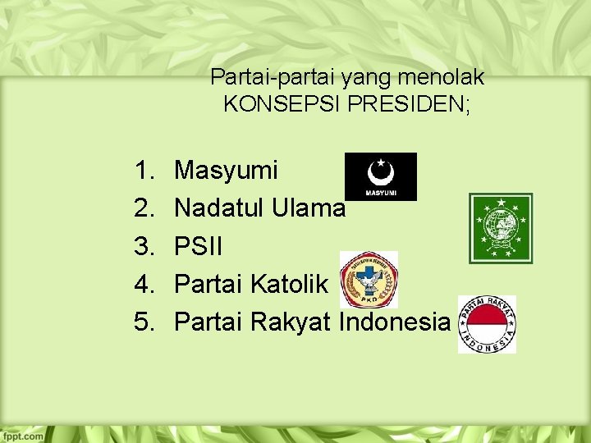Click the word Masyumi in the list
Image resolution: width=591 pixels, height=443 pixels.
click(227, 171)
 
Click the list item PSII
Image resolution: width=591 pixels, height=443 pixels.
click(199, 246)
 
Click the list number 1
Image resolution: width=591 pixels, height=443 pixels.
click(145, 171)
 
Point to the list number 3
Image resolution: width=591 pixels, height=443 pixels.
click(145, 246)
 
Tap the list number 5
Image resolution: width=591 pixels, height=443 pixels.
click(145, 322)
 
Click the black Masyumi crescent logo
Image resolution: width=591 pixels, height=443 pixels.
click(381, 176)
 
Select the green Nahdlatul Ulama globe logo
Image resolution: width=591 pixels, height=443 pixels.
click(501, 228)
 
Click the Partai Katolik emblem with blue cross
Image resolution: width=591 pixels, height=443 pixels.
click(369, 280)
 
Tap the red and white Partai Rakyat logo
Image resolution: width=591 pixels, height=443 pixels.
click(487, 325)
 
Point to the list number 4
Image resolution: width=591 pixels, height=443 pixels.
click(145, 285)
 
